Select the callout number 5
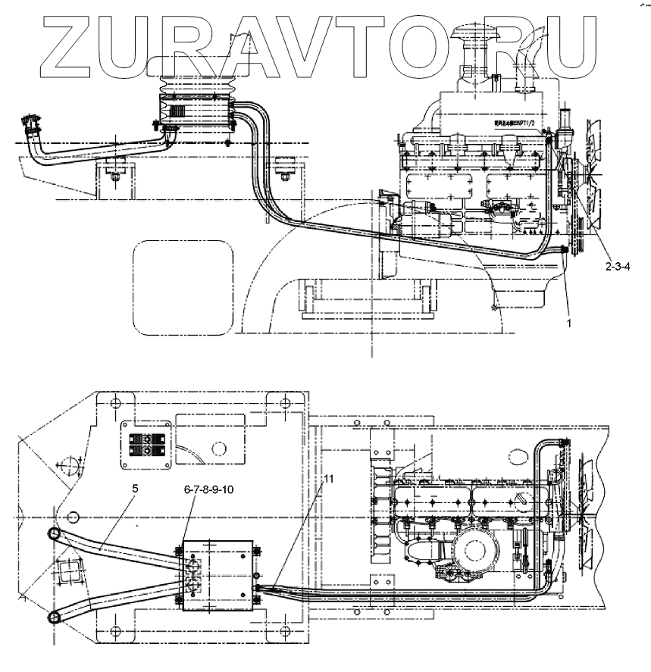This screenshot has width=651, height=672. click(134, 489)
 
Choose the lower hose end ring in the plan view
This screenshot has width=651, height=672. click(56, 617)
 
